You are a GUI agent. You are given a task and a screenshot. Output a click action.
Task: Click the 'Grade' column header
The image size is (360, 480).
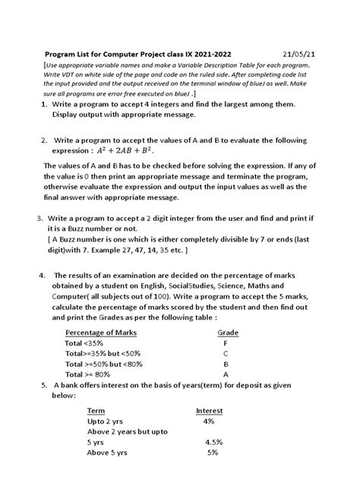228,333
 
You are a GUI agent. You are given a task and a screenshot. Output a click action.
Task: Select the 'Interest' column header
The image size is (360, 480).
209,410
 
